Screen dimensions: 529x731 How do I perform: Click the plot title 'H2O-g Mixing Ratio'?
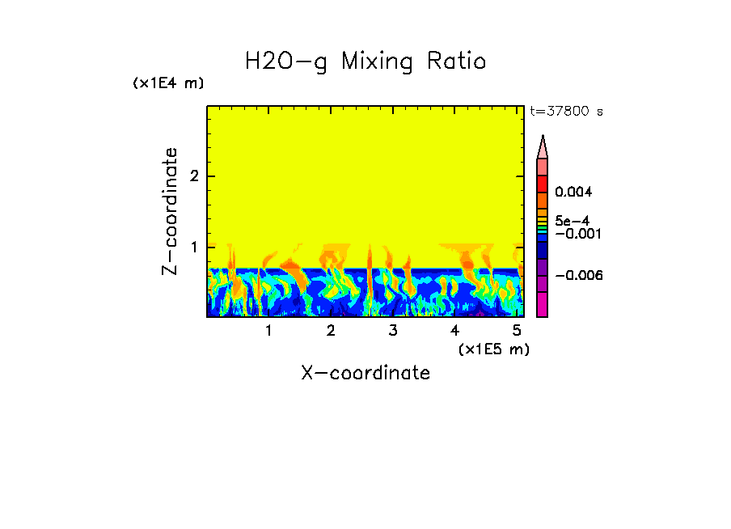pos(365,61)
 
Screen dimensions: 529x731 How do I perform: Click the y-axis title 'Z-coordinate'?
pos(170,211)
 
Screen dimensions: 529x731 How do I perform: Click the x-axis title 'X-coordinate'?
pos(365,373)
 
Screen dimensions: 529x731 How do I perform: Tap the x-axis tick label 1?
pos(268,331)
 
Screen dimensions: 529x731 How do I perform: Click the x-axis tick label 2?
pos(331,331)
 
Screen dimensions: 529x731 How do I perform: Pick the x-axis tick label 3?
pos(393,331)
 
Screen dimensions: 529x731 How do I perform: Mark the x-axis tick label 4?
pos(455,331)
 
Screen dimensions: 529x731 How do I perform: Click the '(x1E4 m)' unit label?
pos(168,83)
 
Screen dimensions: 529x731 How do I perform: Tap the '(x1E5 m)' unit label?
pos(493,349)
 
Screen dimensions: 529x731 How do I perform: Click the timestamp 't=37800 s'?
pos(566,112)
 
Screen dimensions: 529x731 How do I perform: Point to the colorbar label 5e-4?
pos(572,220)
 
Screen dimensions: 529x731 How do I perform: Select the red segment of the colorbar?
pos(543,183)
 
